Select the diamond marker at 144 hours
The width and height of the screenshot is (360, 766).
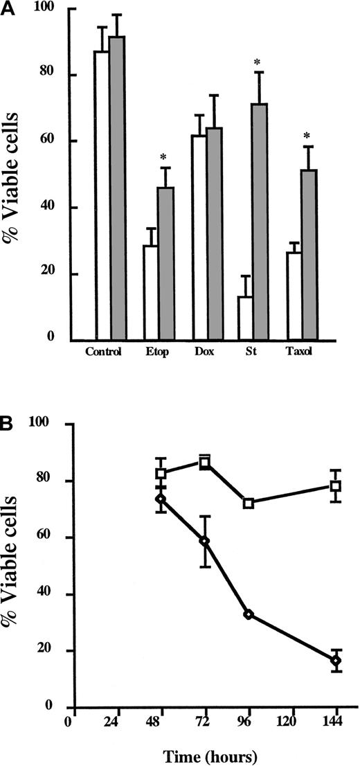(336, 661)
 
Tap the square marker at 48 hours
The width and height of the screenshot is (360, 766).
(161, 474)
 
